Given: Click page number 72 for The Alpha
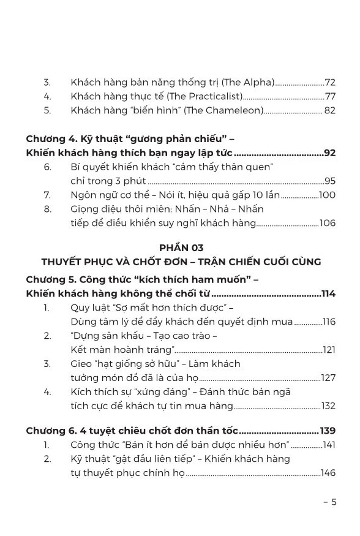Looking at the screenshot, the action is tap(330, 82).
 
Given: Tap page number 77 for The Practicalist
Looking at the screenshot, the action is tap(330, 96).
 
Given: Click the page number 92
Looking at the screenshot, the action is tap(329, 153).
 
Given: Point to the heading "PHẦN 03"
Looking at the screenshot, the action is tap(181, 247).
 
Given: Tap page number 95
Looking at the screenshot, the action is tap(330, 181).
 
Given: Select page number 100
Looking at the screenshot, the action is tap(328, 195).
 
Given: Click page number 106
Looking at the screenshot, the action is tap(328, 224).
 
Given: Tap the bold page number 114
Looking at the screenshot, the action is tap(328, 294).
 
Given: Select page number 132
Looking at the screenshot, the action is tap(328, 406).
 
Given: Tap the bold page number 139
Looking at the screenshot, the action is tap(328, 431).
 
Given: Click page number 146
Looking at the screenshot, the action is tap(328, 473).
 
